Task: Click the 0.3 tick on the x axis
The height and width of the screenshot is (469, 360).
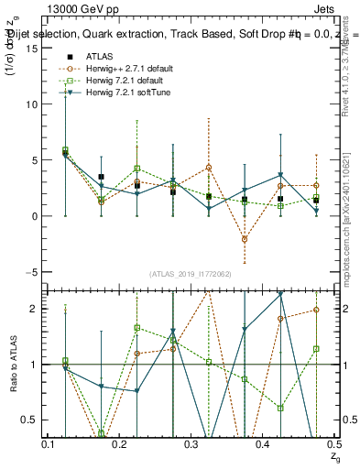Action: (191, 443)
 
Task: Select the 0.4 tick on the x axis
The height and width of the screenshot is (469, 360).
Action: (263, 443)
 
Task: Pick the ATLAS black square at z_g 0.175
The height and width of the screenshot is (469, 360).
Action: (101, 177)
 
